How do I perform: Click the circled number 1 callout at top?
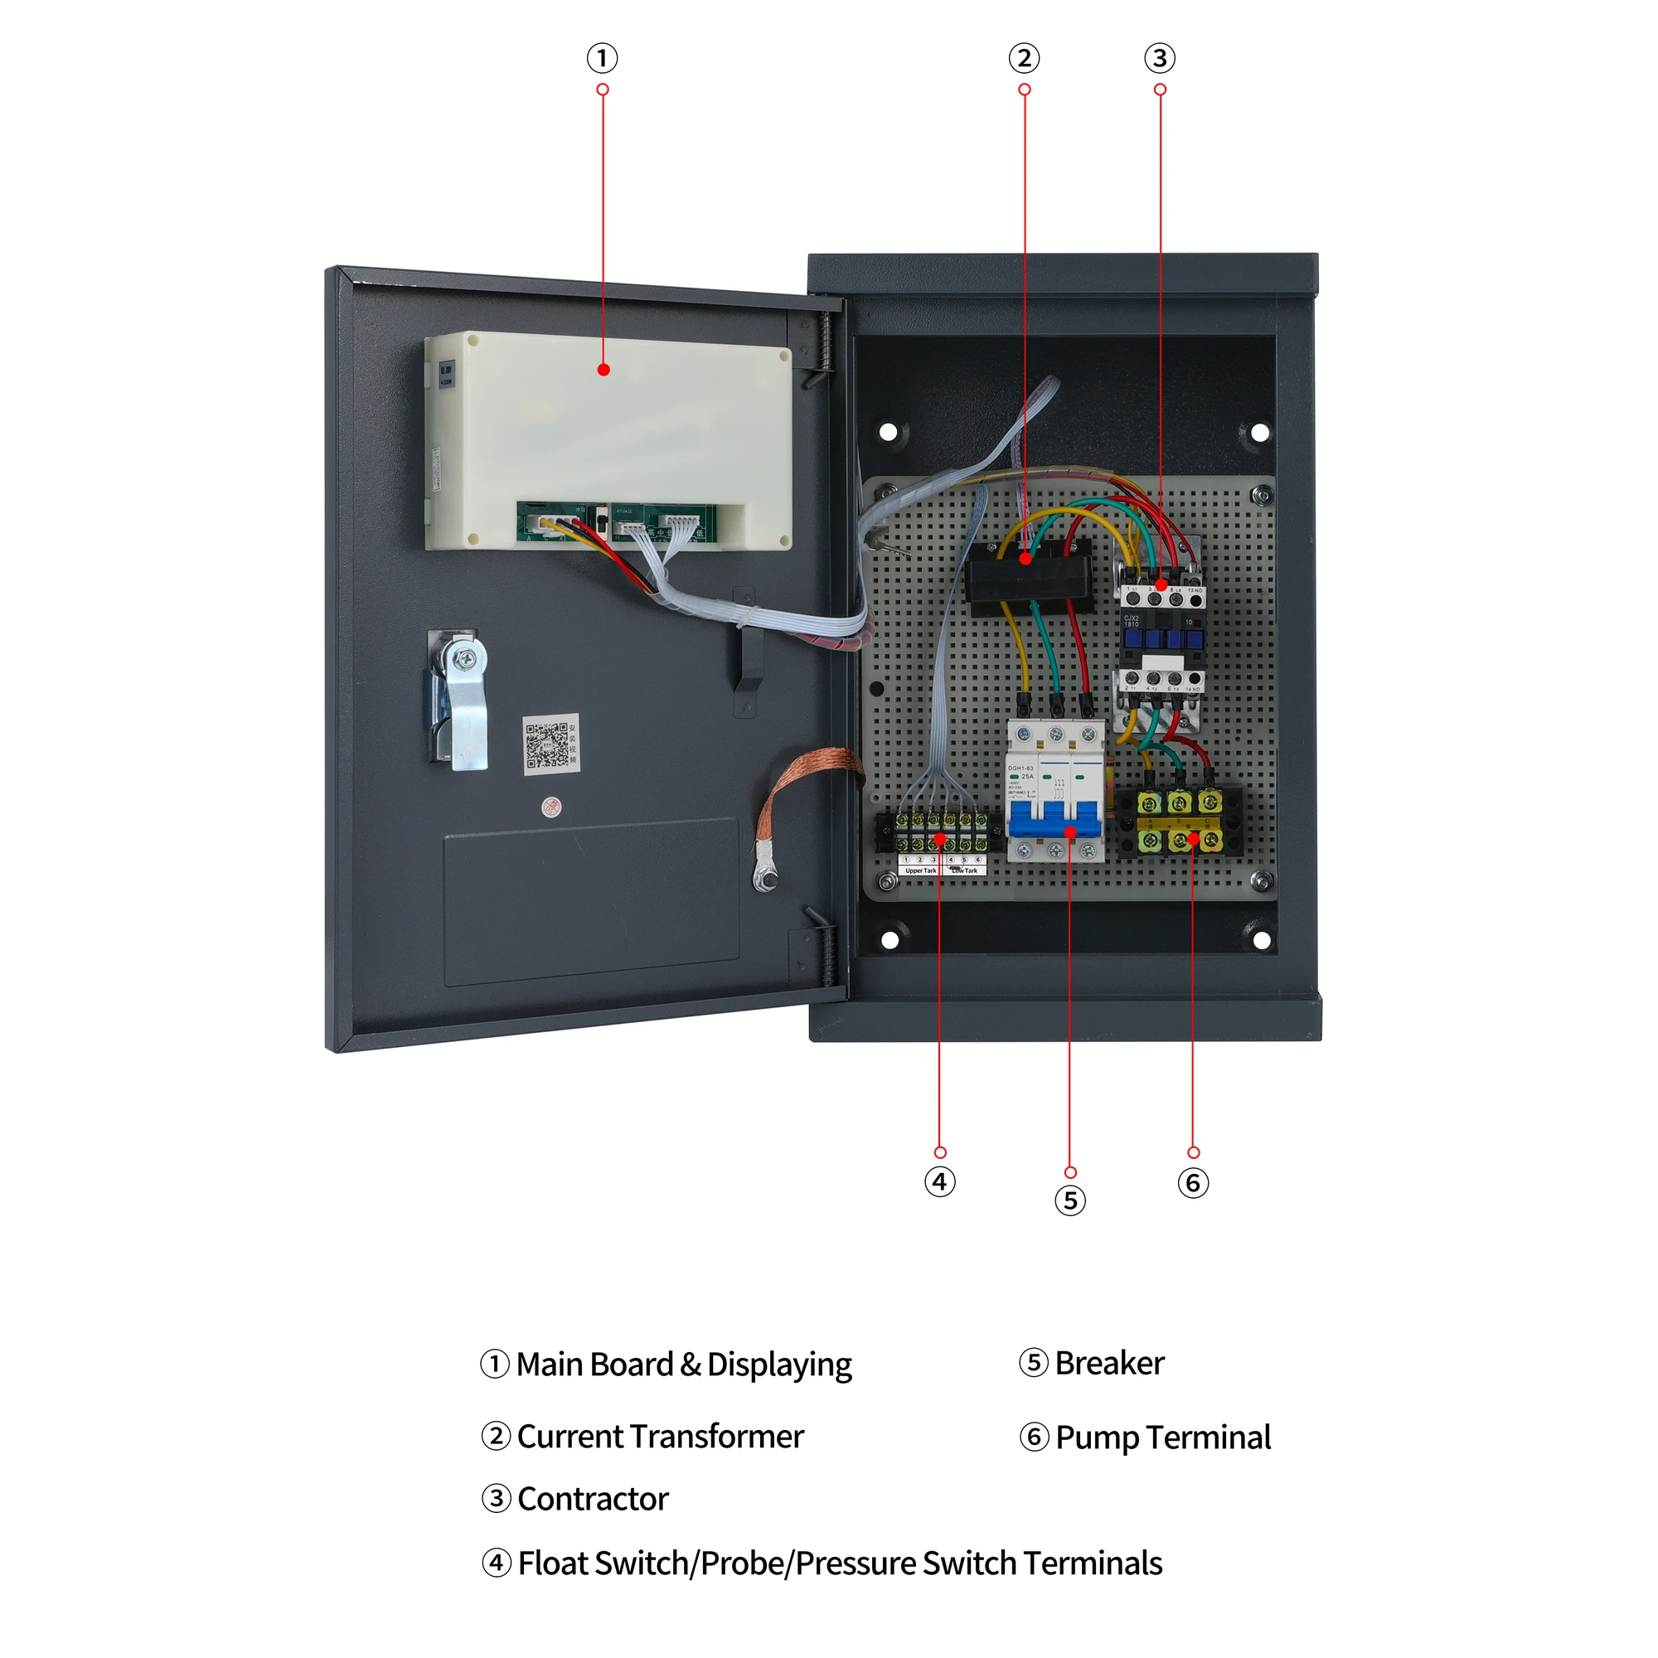coord(603,58)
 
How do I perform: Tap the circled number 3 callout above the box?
coord(1160,58)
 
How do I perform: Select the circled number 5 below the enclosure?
coord(1069,1200)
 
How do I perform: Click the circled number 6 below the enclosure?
coord(1193,1183)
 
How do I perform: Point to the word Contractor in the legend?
coord(592,1498)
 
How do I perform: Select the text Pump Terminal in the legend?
coord(1162,1437)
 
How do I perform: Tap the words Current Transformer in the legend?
coord(659,1436)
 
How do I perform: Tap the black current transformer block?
coord(1028,575)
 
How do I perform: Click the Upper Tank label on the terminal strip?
coord(920,870)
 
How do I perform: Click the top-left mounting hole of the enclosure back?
coord(888,432)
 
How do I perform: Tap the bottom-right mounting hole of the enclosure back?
coord(1261,940)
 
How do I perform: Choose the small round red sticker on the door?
coord(551,807)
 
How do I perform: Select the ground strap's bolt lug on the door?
coord(764,875)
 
